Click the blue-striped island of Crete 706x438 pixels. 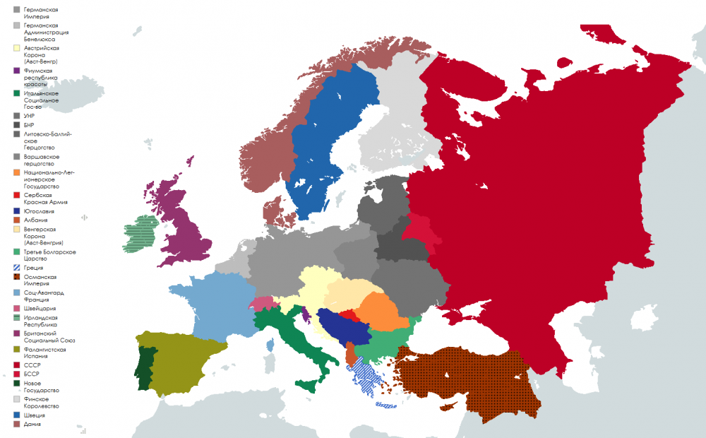386,405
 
